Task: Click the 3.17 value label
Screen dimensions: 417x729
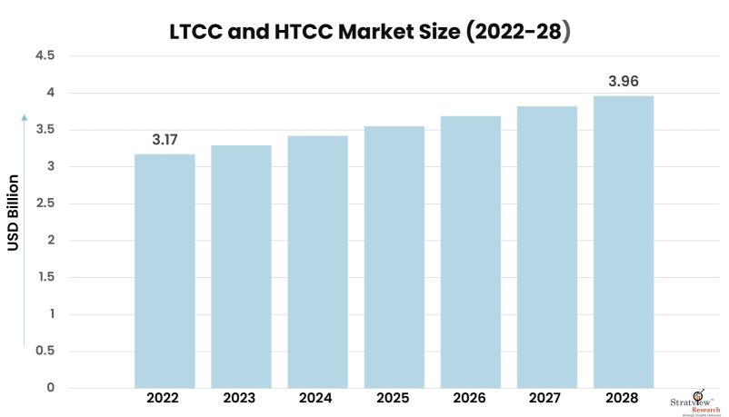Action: (165, 140)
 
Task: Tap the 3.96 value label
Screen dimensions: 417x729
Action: (624, 82)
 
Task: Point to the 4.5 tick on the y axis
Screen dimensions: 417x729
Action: (45, 56)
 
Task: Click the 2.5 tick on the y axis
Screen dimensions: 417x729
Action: (45, 204)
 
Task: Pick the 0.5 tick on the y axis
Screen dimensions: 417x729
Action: (45, 351)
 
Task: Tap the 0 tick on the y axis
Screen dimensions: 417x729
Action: (51, 388)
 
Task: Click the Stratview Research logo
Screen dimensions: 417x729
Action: (696, 399)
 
